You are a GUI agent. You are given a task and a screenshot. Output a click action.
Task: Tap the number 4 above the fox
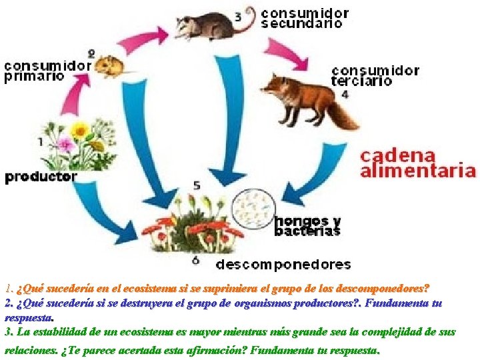(x=345, y=95)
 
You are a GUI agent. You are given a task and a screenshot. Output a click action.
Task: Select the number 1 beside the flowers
(x=41, y=141)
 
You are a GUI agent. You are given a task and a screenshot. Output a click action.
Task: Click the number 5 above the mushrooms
(x=197, y=185)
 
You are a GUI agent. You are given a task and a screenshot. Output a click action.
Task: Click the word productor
(x=41, y=177)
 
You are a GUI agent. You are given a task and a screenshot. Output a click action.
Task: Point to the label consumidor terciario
(x=375, y=76)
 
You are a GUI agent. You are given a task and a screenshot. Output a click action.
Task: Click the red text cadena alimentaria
(x=418, y=163)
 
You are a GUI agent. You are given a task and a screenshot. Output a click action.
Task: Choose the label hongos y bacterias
(x=307, y=226)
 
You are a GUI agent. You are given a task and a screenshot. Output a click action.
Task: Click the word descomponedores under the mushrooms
(x=283, y=265)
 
